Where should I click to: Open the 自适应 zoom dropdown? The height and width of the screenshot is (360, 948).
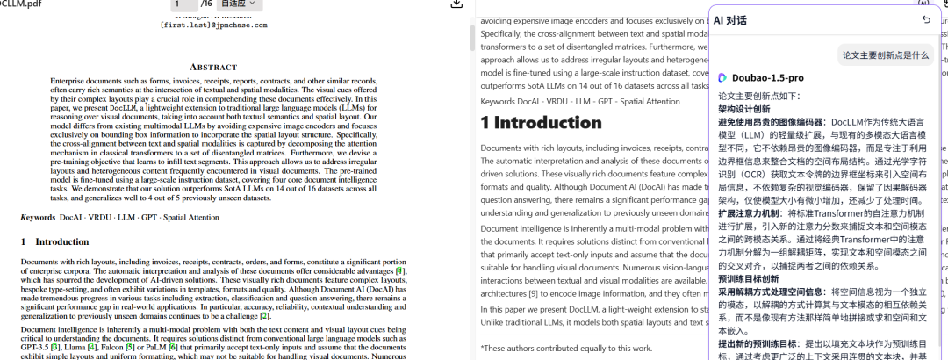click(240, 4)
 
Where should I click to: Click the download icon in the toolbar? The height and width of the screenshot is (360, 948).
click(456, 4)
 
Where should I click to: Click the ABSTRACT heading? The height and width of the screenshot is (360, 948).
click(213, 67)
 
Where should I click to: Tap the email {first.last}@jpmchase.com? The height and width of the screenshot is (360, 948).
click(213, 25)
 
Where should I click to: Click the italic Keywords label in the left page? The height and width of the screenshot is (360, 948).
click(39, 217)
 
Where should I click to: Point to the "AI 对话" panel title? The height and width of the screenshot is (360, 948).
click(730, 19)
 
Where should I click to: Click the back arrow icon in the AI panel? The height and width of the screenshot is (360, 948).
click(926, 19)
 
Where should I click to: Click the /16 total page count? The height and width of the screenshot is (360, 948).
click(207, 4)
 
